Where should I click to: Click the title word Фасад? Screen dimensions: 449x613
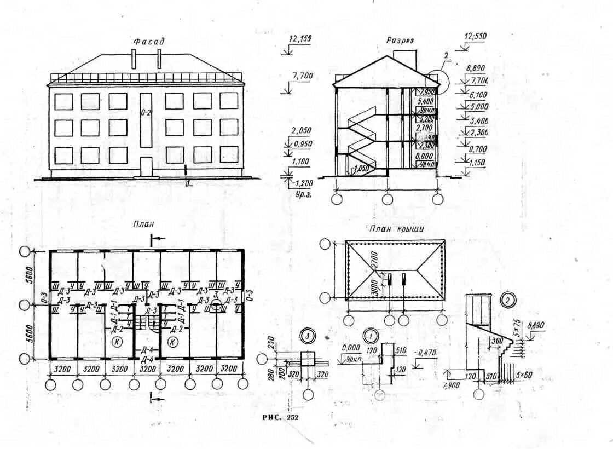[x=149, y=42]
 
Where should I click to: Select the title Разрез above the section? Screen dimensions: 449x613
[x=400, y=41]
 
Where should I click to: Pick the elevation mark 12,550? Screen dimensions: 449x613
[x=475, y=37]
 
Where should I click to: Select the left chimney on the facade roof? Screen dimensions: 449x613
[x=134, y=59]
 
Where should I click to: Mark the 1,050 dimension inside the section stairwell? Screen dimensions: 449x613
[x=361, y=169]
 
